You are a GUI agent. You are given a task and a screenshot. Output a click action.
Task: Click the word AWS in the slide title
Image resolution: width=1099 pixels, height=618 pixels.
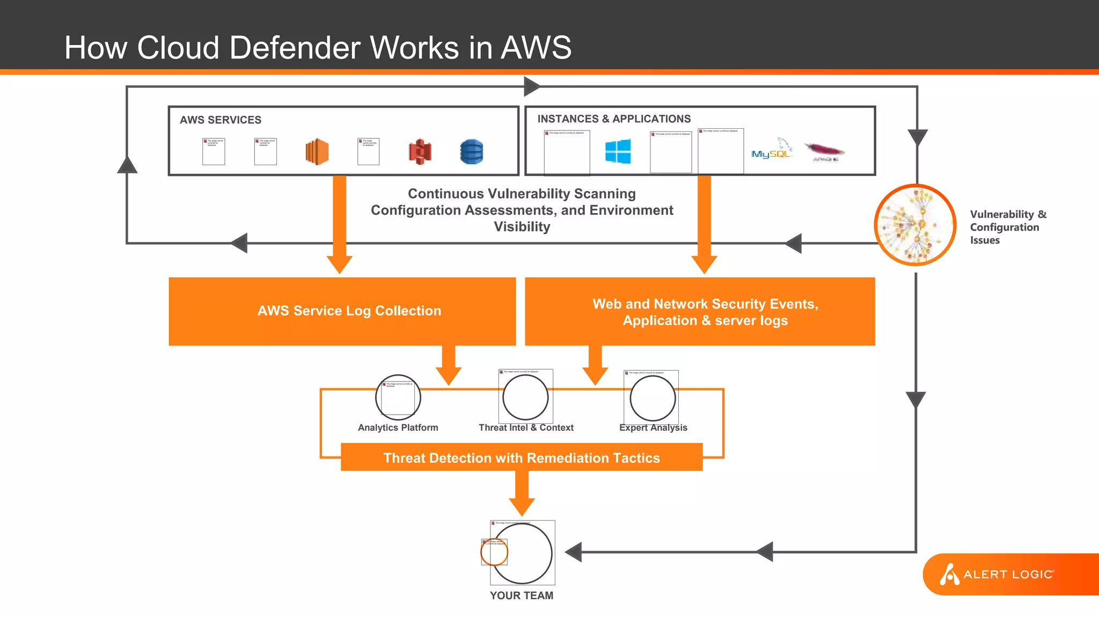pyautogui.click(x=536, y=48)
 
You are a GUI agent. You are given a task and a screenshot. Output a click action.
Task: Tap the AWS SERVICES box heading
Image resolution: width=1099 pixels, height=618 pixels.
pyautogui.click(x=220, y=120)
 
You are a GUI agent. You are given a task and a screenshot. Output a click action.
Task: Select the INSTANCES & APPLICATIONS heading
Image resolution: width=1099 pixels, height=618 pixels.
pyautogui.click(x=613, y=119)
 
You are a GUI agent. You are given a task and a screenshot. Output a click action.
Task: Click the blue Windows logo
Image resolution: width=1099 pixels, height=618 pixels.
pyautogui.click(x=618, y=151)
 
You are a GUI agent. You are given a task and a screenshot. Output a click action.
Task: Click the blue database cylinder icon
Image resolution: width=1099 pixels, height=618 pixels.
pyautogui.click(x=471, y=152)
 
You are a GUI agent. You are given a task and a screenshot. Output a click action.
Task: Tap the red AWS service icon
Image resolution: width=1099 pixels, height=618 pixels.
pyautogui.click(x=420, y=152)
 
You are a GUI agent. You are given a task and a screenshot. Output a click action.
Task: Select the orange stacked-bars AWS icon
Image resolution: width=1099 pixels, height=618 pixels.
pyautogui.click(x=317, y=152)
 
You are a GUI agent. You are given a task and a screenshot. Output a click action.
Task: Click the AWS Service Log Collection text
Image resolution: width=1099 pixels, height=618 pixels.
pyautogui.click(x=349, y=311)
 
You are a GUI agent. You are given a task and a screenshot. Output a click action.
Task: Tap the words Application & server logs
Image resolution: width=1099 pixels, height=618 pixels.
pyautogui.click(x=705, y=321)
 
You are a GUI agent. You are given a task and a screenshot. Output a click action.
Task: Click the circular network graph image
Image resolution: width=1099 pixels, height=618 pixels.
pyautogui.click(x=915, y=225)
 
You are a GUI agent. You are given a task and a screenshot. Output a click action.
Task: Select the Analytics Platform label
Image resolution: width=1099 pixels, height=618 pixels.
pyautogui.click(x=398, y=428)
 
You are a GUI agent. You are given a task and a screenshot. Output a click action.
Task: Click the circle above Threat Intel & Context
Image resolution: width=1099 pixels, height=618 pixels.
pyautogui.click(x=525, y=397)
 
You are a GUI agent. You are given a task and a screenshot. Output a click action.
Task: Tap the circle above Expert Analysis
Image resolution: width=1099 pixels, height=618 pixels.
pyautogui.click(x=653, y=398)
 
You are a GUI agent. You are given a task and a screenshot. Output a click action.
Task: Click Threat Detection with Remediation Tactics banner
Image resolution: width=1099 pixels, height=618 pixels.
pyautogui.click(x=521, y=458)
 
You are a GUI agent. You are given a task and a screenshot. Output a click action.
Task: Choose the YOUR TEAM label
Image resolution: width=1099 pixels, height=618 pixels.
pyautogui.click(x=521, y=595)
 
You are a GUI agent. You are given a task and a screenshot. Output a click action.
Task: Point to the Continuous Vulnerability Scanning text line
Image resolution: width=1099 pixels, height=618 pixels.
pyautogui.click(x=522, y=194)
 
